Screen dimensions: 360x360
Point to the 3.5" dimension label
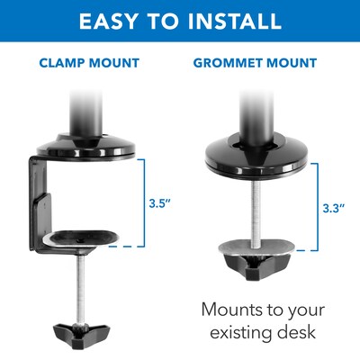point(160,203)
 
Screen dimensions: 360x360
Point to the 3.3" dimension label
point(334,208)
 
